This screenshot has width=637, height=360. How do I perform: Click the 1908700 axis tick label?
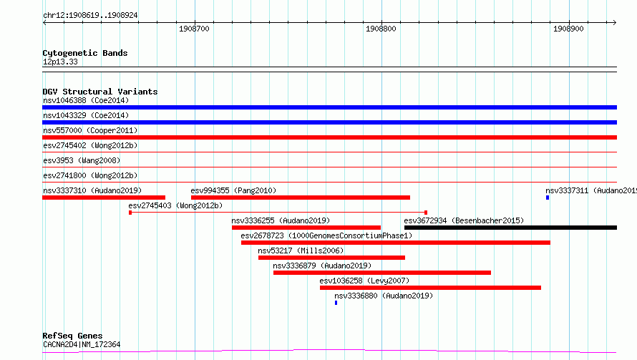pos(194,29)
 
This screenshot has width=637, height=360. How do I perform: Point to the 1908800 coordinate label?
pos(381,29)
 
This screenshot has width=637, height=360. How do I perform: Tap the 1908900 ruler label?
pos(568,29)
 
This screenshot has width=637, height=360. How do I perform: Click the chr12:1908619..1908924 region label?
pos(90,16)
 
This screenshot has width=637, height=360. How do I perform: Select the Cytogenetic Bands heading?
pos(85,53)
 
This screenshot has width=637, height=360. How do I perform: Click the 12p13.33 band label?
pos(60,62)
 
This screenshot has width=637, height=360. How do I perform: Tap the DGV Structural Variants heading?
pos(100,92)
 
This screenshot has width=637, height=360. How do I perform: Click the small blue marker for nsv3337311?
pos(548,198)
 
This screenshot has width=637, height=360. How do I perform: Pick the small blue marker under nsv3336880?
pos(336,303)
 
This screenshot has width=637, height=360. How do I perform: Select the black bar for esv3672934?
pos(510,228)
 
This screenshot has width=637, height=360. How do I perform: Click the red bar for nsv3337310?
pos(104,198)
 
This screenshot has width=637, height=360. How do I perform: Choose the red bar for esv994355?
pos(301,198)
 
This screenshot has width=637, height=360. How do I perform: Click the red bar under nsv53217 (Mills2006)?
pos(331,258)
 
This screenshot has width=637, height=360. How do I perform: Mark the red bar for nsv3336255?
pos(306,228)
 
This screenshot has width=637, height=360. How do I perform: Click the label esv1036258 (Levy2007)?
pos(364,281)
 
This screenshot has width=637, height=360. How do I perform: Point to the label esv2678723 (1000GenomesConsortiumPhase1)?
pos(326,235)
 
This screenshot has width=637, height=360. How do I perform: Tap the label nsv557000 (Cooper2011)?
pos(90,130)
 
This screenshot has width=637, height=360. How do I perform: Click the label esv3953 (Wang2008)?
pos(82,160)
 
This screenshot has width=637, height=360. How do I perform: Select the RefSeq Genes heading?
pos(73,336)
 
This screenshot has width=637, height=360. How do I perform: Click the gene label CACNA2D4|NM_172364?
pos(82,344)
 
